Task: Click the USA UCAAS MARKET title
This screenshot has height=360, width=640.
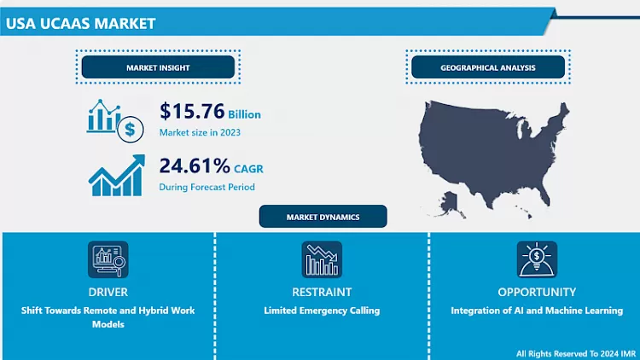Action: (x=81, y=23)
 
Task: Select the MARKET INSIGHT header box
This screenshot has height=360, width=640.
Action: (x=158, y=67)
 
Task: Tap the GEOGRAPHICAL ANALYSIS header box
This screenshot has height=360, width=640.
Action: (x=487, y=67)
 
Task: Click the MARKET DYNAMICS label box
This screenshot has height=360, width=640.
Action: (x=323, y=217)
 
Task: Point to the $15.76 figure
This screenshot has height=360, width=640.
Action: (x=191, y=112)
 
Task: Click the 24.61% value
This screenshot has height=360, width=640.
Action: (x=195, y=165)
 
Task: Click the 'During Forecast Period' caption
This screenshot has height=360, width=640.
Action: (x=207, y=187)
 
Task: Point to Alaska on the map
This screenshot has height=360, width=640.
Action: (x=449, y=203)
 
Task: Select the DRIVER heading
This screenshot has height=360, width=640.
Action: (x=108, y=292)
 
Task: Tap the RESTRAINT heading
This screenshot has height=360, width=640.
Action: (x=322, y=292)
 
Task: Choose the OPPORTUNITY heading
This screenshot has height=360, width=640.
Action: (x=537, y=292)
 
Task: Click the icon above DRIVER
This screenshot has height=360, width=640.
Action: (x=108, y=259)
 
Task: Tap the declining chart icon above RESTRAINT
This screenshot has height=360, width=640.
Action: (x=322, y=259)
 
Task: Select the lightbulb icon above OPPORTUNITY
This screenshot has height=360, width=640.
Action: (x=537, y=259)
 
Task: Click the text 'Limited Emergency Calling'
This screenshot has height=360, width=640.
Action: (x=322, y=311)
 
